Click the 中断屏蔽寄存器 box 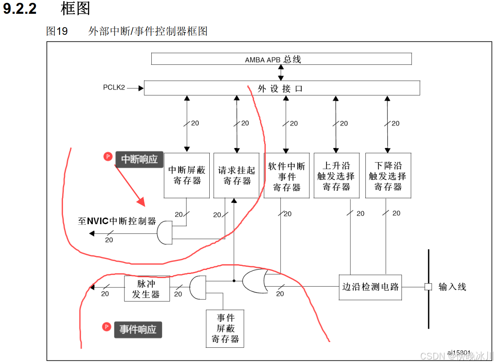187,175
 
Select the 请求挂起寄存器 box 236,175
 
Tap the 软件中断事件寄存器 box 286,175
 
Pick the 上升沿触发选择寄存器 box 336,175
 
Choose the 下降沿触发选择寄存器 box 388,175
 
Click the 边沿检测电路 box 370,287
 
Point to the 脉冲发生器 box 146,289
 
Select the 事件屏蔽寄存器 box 225,328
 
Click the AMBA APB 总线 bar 281,59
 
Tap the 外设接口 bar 281,88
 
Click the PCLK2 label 114,88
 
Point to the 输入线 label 452,287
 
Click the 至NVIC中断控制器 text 117,221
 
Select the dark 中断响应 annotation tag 140,159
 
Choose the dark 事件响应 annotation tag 138,329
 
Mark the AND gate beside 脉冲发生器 198,287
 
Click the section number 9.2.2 20,9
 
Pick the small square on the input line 428,287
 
